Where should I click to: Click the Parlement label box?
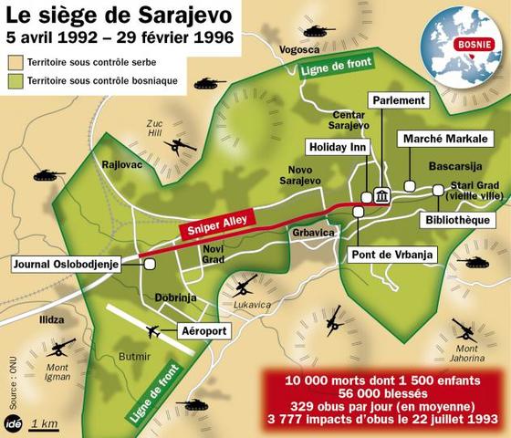coord(399,99)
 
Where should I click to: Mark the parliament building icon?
coord(380,196)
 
